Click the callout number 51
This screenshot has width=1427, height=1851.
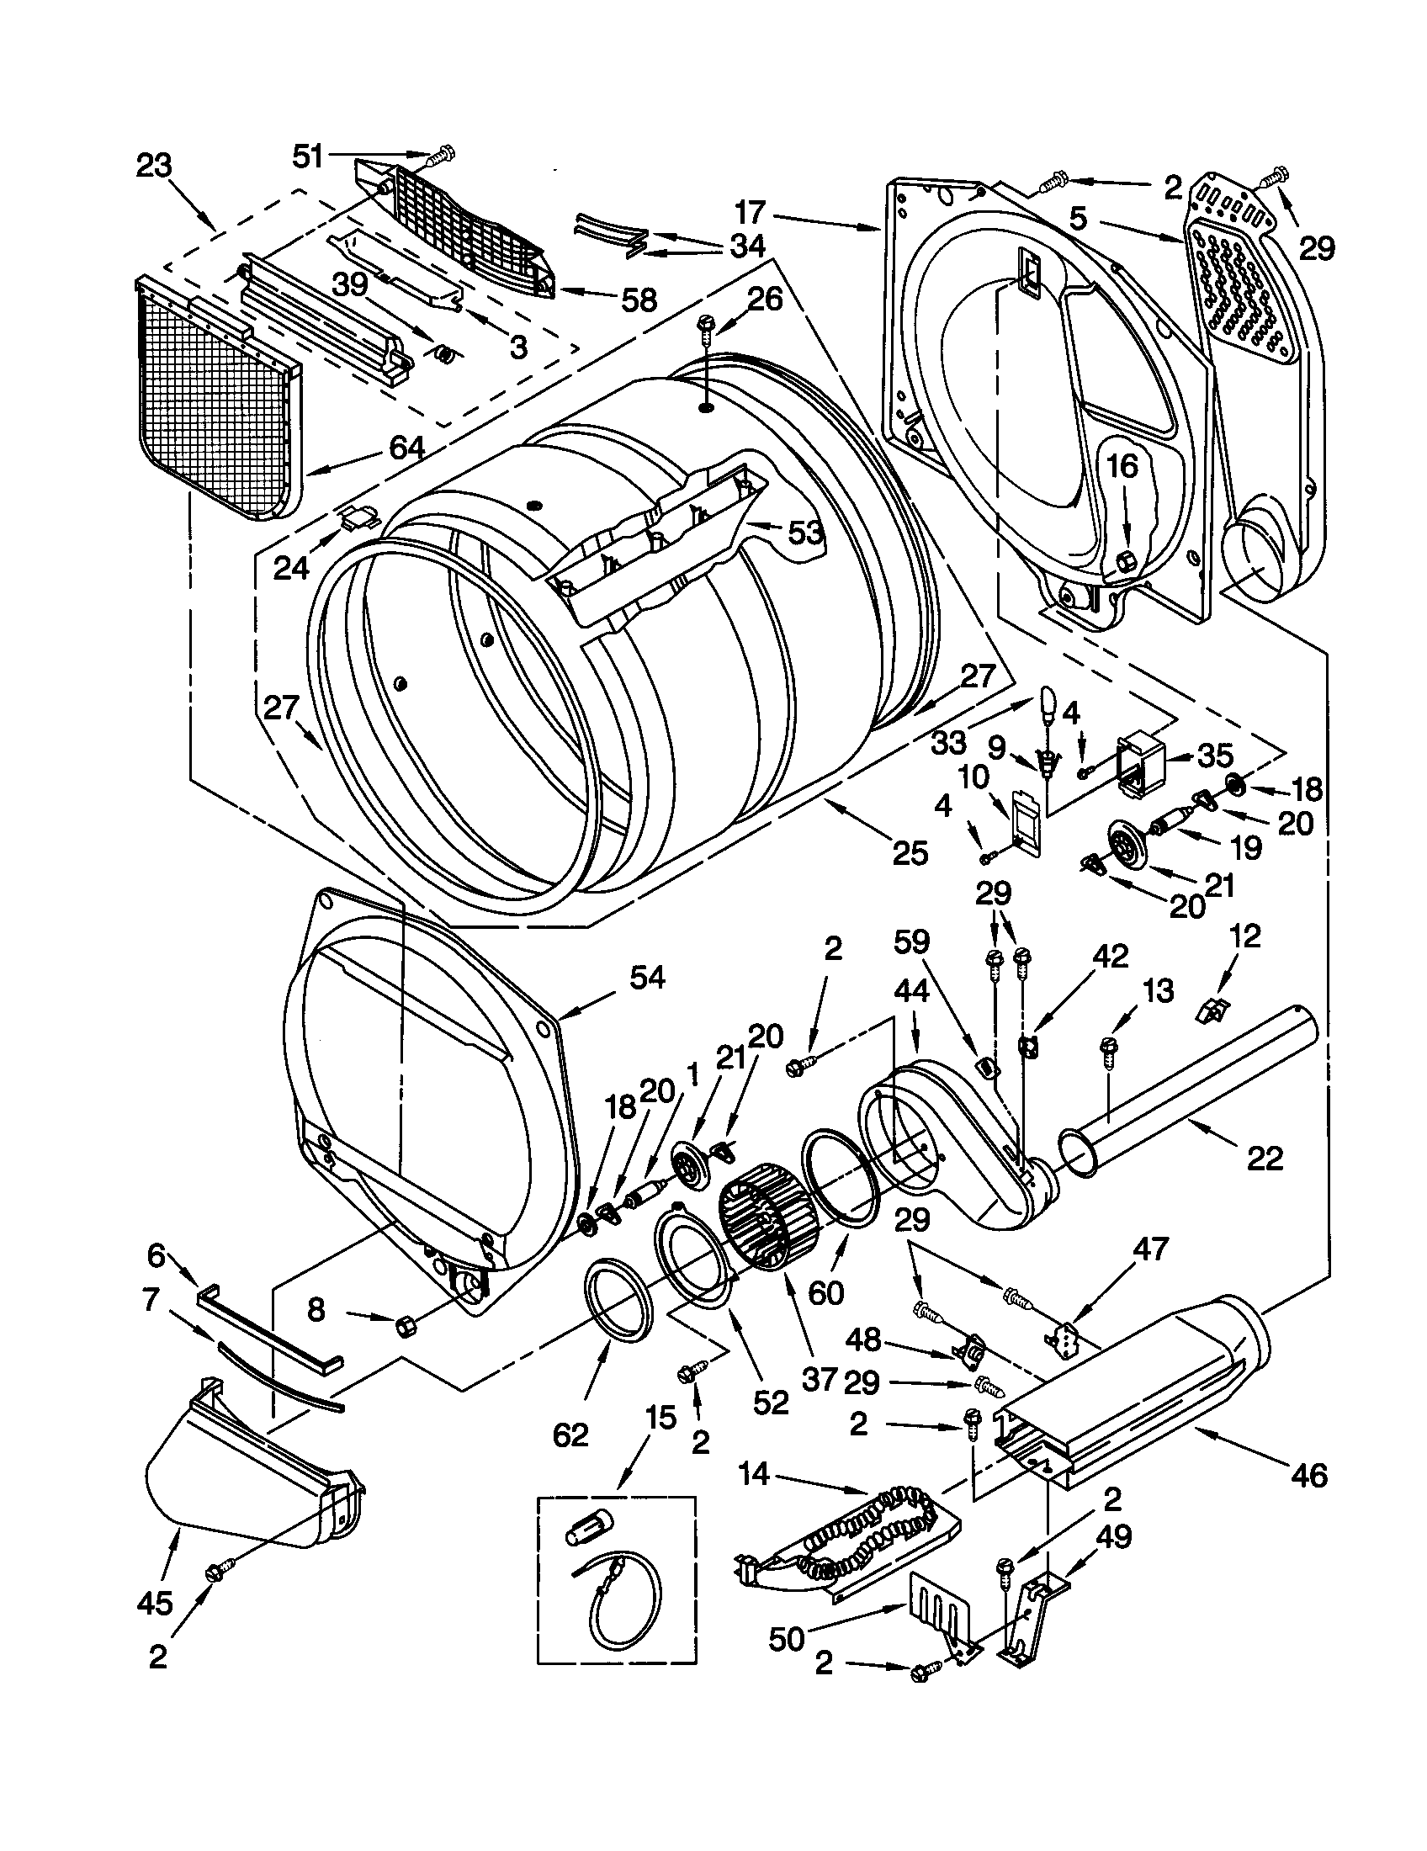(309, 156)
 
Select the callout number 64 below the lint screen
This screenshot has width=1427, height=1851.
(406, 446)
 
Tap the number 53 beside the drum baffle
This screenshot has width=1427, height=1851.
(805, 533)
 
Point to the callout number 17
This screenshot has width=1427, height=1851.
(750, 211)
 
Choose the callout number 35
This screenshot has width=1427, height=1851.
(1214, 755)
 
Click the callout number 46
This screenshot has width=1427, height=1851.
(1308, 1476)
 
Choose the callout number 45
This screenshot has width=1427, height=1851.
(155, 1603)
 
